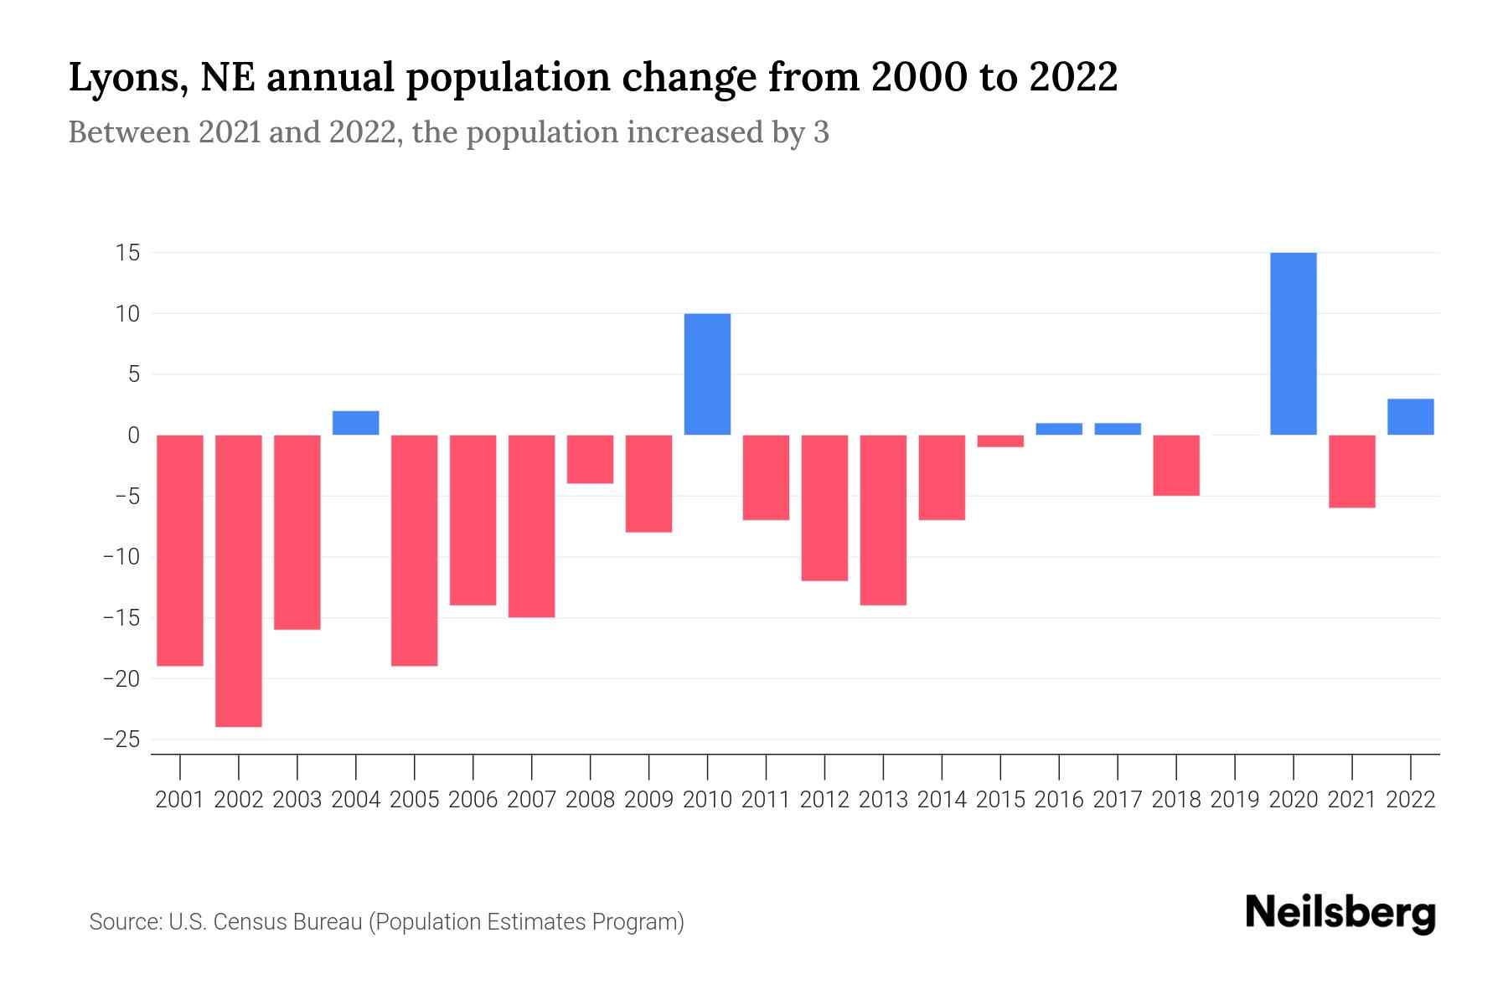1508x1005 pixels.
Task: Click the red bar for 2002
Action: tap(239, 580)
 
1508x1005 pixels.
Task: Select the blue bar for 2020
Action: tap(1294, 343)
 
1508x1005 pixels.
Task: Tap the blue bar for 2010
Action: tap(707, 374)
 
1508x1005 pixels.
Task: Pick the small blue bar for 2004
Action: tap(356, 423)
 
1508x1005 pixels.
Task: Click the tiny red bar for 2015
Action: tap(1000, 441)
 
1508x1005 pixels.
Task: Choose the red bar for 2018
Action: tap(1176, 466)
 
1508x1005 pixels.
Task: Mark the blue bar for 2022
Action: tap(1411, 417)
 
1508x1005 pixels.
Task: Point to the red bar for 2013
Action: tap(883, 519)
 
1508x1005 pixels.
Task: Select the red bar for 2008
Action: tap(590, 459)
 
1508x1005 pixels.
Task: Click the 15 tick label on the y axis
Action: tap(127, 253)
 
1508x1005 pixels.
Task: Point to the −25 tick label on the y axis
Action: tap(121, 740)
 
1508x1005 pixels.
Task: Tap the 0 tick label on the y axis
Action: tap(133, 435)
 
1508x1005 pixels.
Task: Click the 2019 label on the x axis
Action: tap(1235, 800)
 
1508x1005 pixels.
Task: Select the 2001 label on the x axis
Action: tap(180, 800)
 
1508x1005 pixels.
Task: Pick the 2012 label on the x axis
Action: tap(824, 800)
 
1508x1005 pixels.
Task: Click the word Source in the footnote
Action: tap(124, 922)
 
